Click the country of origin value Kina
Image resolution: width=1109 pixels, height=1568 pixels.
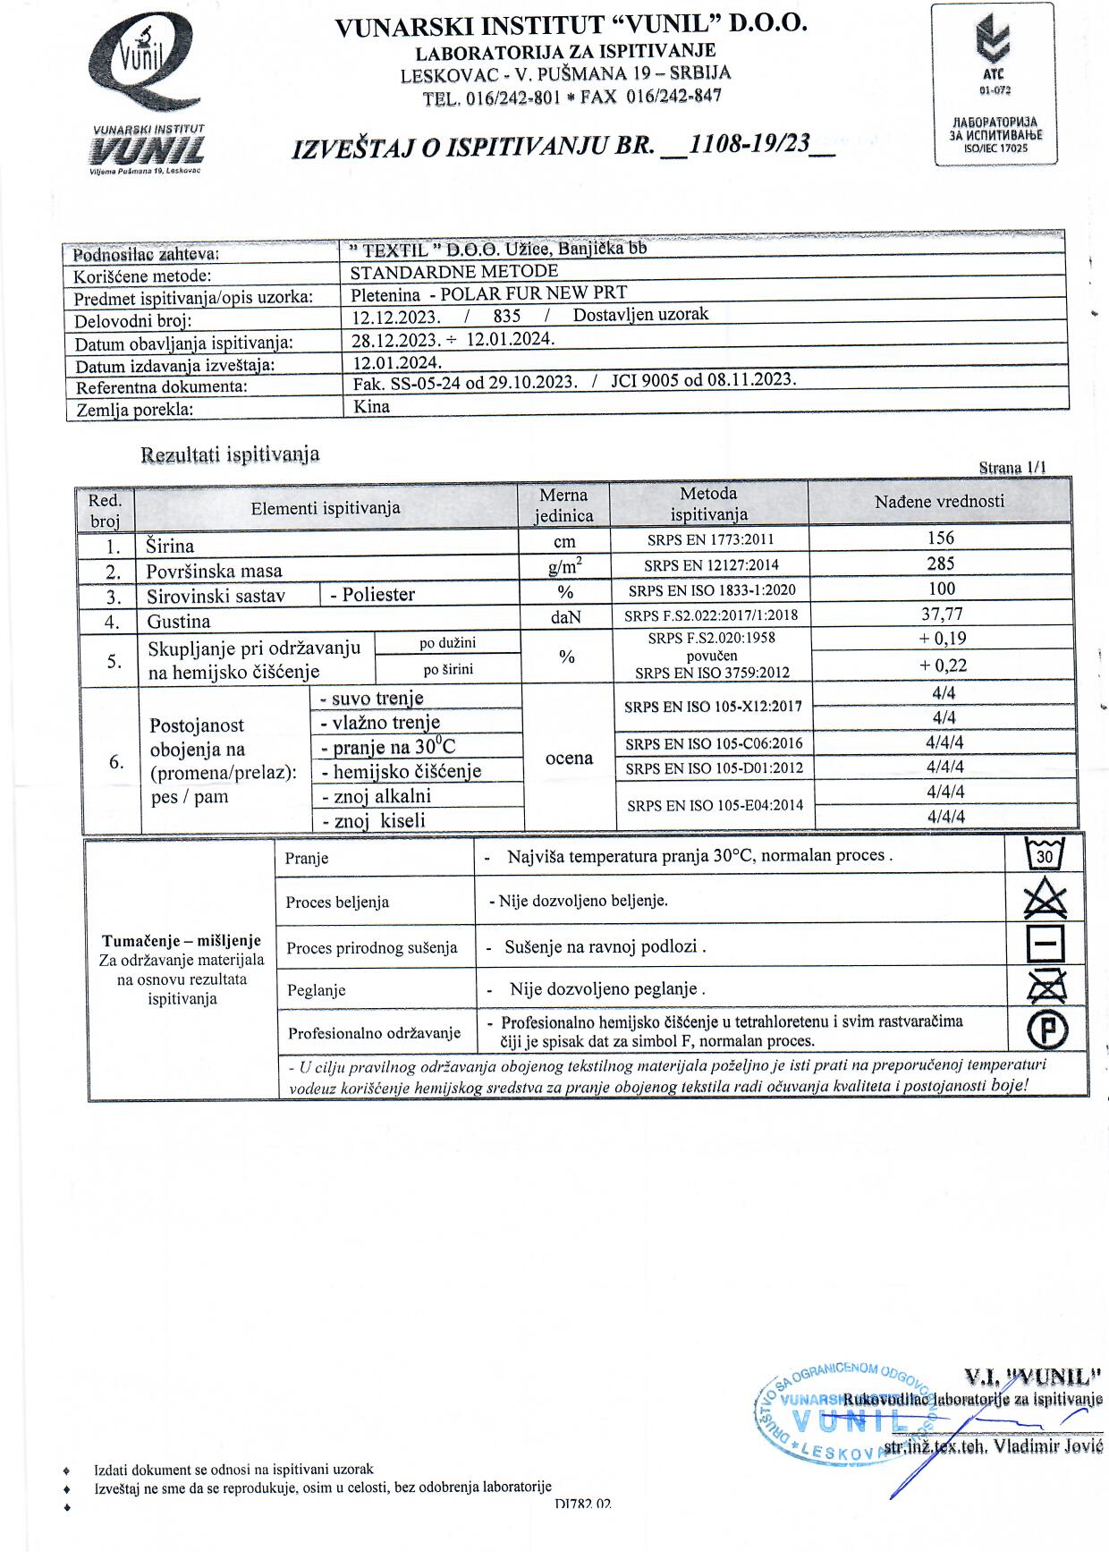click(372, 406)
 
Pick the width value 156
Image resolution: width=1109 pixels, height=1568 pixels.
click(941, 538)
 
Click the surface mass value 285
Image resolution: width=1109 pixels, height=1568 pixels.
click(941, 564)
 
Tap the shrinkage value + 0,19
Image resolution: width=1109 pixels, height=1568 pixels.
click(943, 639)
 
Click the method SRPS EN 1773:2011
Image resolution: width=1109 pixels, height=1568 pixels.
click(710, 539)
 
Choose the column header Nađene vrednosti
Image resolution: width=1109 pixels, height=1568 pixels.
click(939, 502)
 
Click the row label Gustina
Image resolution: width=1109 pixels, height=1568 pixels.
click(179, 622)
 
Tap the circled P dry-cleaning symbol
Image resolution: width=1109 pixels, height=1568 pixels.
click(1046, 1030)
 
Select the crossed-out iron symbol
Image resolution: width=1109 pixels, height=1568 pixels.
click(1045, 987)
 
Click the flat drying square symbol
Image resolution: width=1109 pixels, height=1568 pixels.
click(1045, 944)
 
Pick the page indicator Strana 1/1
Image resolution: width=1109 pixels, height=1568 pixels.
click(1012, 467)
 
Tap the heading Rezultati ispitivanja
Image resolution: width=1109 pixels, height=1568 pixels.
click(230, 454)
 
